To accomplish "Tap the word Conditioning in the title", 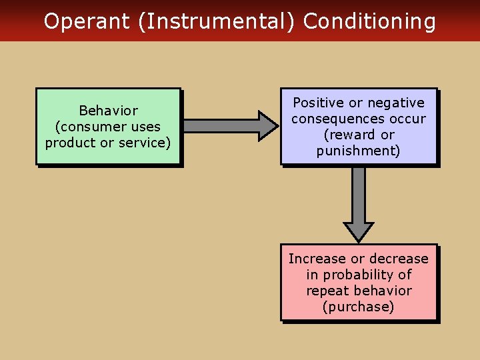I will pos(369,22).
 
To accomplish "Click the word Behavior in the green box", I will pos(108,111).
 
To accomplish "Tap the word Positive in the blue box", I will pos(319,103).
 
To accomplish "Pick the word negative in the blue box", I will pos(398,103).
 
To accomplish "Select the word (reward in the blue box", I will pos(345,135).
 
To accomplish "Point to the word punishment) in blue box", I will pos(359,151).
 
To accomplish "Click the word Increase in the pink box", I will pos(317,259).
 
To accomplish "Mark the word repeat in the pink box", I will pos(327,291).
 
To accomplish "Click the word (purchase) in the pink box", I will pos(359,307).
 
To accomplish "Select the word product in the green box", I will pos(69,143).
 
